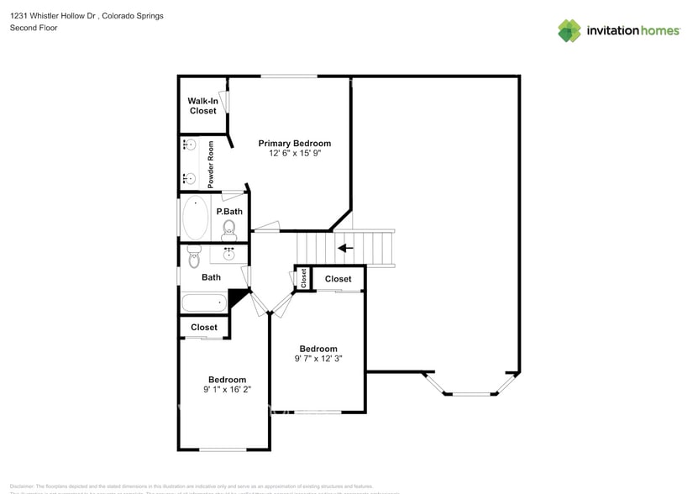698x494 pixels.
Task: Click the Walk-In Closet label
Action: pos(202,106)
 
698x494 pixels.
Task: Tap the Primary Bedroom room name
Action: pos(294,143)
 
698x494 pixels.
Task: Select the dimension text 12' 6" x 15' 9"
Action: pos(294,154)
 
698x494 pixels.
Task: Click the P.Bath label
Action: pos(229,211)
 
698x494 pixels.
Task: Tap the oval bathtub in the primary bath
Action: pos(196,218)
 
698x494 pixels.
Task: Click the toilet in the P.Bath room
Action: pos(229,229)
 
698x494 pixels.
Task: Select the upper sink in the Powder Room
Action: pos(188,145)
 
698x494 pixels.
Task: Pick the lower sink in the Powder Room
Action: pos(188,177)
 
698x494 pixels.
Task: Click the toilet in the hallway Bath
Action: pos(194,259)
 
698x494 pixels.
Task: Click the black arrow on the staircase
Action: pos(344,248)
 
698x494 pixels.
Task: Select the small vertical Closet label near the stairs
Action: pos(303,278)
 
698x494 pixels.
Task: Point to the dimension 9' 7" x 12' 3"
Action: pos(318,359)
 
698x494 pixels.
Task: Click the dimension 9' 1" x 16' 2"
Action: pos(227,389)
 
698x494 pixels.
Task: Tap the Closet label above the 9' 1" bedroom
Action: pos(204,327)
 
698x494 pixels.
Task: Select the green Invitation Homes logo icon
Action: pos(569,30)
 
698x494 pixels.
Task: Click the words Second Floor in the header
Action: pos(29,28)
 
